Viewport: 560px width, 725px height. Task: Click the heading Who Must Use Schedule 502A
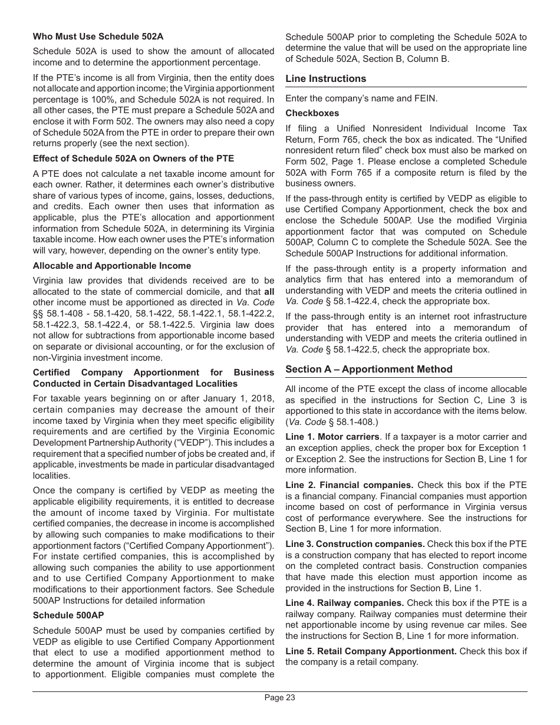pyautogui.click(x=98, y=37)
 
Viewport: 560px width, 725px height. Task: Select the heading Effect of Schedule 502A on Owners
pyautogui.click(x=133, y=159)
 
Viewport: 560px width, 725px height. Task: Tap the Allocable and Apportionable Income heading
pyautogui.click(x=112, y=266)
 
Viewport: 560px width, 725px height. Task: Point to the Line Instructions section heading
pyautogui.click(x=326, y=79)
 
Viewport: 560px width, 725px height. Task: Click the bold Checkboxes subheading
pyautogui.click(x=312, y=113)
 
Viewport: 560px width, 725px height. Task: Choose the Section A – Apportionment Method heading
pyautogui.click(x=369, y=370)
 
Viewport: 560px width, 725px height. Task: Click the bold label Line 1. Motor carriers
pyautogui.click(x=332, y=437)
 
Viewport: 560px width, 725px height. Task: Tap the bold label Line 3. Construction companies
pyautogui.click(x=355, y=544)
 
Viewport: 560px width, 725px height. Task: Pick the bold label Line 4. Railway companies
pyautogui.click(x=345, y=603)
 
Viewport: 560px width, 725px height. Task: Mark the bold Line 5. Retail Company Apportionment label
pyautogui.click(x=371, y=651)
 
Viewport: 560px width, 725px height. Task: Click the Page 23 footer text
pyautogui.click(x=280, y=698)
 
